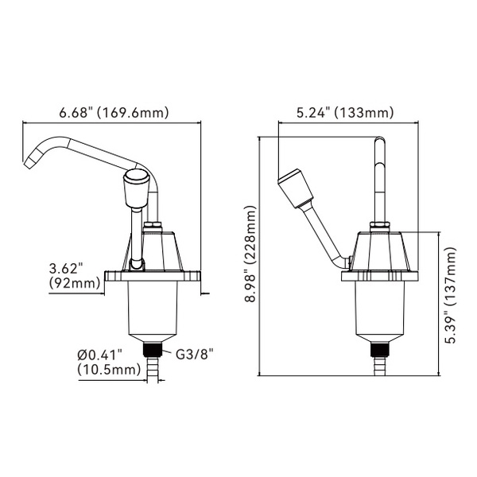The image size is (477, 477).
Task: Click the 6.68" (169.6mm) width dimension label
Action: click(x=114, y=113)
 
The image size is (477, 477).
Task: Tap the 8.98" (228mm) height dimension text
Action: click(x=252, y=256)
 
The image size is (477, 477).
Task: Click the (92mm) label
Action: click(x=73, y=283)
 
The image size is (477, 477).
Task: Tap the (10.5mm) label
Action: click(x=107, y=370)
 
